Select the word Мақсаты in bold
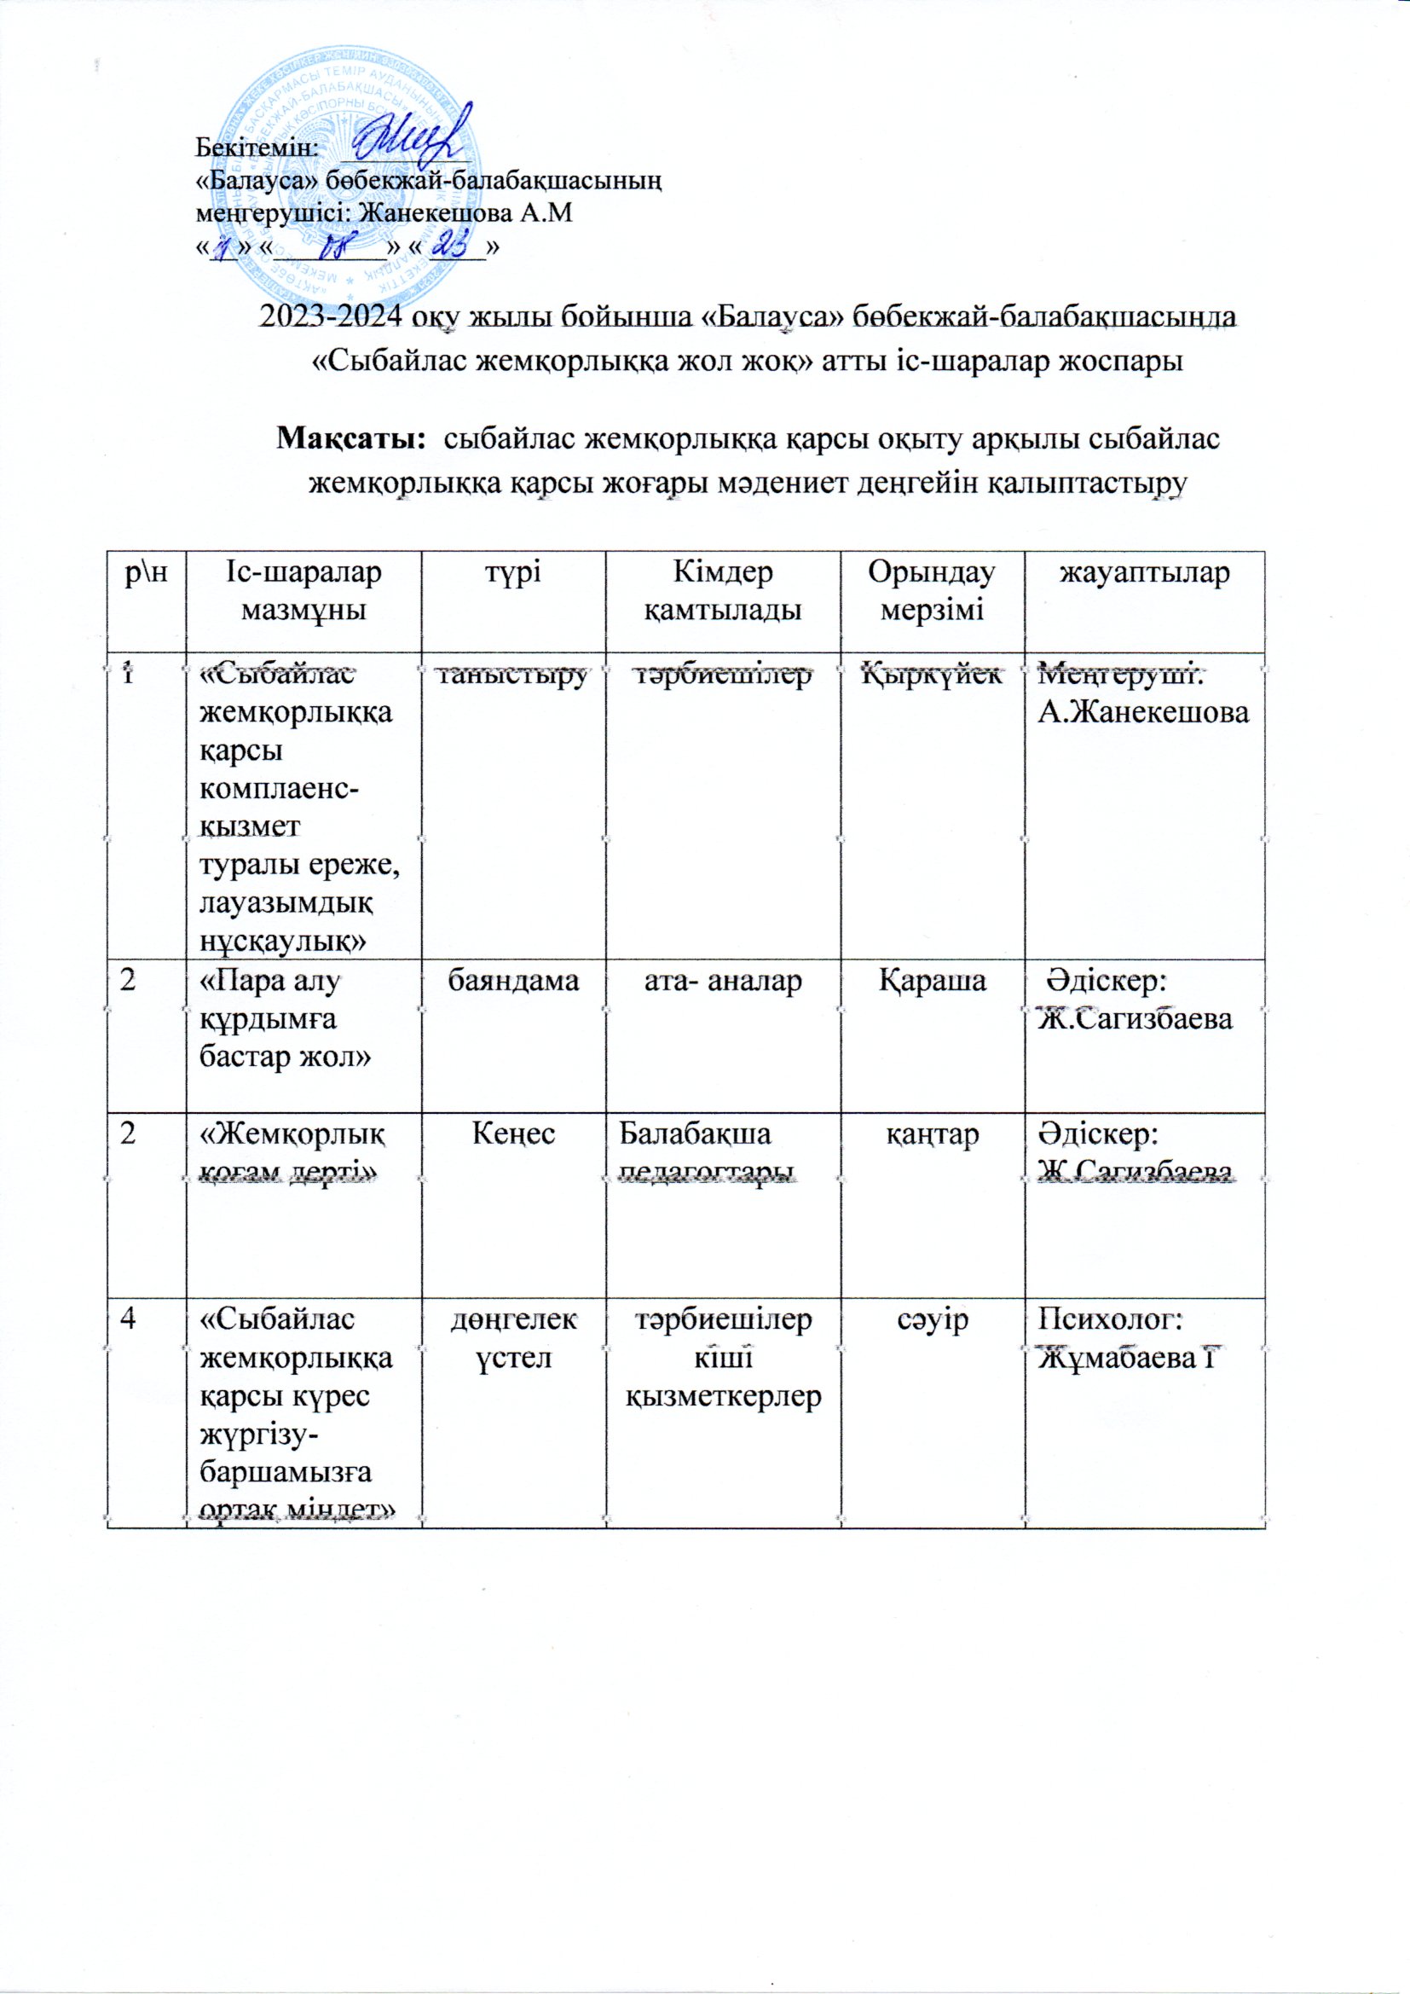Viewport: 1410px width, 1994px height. [351, 440]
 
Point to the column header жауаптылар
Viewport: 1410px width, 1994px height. [1143, 573]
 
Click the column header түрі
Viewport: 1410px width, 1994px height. [512, 573]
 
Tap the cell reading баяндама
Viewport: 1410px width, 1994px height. [512, 981]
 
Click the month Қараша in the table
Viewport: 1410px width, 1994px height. [933, 981]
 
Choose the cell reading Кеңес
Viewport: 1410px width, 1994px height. [512, 1134]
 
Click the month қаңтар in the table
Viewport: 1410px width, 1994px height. [933, 1134]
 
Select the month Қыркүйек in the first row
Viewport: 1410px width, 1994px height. [933, 675]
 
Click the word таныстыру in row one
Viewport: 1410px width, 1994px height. [512, 675]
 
